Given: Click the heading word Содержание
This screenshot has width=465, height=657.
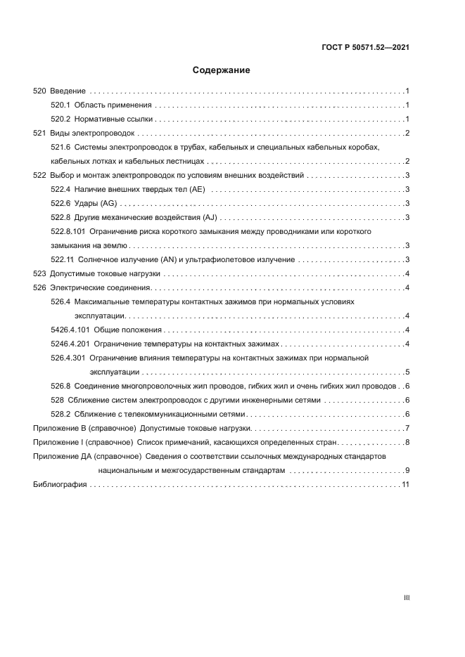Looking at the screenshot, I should (222, 71).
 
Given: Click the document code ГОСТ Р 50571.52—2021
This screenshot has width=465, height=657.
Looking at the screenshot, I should (365, 48).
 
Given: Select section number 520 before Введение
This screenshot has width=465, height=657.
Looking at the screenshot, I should (40, 91).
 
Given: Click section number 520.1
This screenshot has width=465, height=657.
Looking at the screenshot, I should (60, 105).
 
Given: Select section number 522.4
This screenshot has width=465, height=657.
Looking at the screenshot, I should (60, 189).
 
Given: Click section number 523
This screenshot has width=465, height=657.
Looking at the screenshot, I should (40, 273).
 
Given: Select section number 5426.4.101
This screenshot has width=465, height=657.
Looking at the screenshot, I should (70, 330).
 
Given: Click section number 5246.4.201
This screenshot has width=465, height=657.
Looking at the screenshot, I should (70, 344).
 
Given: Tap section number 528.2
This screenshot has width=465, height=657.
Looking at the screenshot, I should (60, 414).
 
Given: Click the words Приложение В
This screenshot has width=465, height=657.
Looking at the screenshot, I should (60, 428).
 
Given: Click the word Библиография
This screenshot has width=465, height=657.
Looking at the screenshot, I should (60, 485).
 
